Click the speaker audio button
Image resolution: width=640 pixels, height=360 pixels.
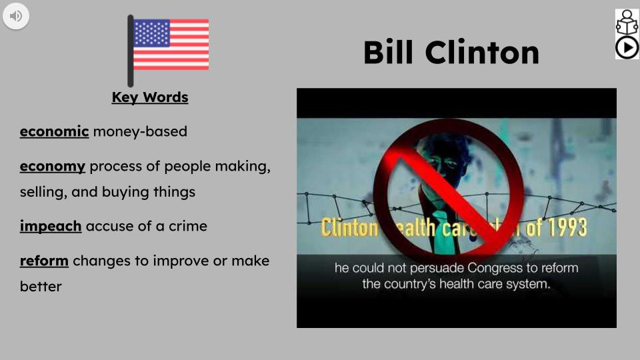(x=15, y=15)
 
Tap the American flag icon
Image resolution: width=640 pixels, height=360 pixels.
(x=170, y=45)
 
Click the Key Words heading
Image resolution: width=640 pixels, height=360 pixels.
(x=150, y=97)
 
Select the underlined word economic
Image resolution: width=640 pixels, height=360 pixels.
(x=54, y=131)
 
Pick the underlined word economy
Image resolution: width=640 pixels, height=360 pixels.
(x=52, y=166)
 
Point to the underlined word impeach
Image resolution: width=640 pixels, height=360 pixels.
(x=51, y=226)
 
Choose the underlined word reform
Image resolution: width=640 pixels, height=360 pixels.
(x=44, y=261)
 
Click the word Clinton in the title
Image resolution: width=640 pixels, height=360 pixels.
(x=482, y=53)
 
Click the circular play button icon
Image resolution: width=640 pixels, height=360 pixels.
(x=627, y=47)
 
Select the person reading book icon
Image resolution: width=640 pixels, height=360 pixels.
(x=627, y=22)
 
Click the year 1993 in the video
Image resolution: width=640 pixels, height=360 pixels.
(x=566, y=227)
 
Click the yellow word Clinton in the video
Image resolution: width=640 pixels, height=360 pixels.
(x=349, y=227)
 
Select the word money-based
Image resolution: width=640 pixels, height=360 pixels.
(x=140, y=131)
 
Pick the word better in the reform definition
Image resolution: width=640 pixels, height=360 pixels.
(x=41, y=287)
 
